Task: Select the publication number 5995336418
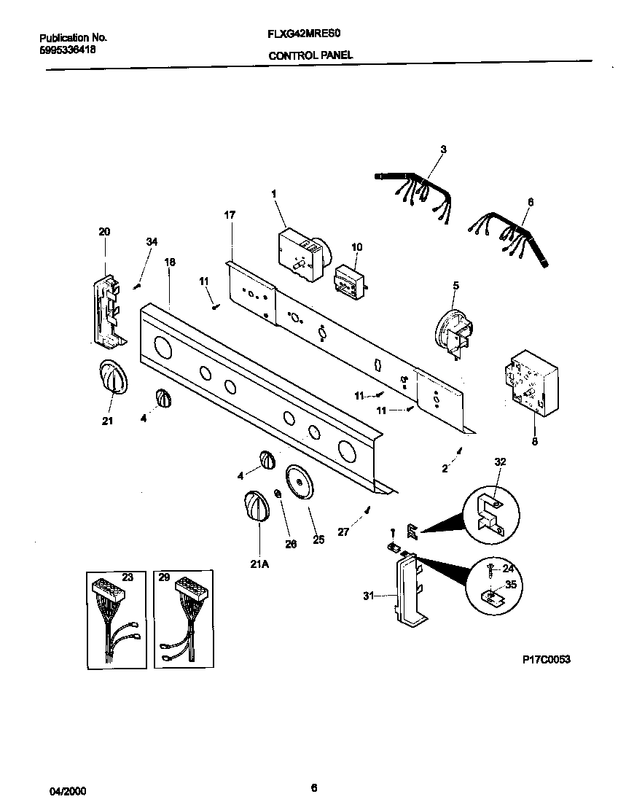66,50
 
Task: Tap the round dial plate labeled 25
299,483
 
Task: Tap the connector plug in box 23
106,591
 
